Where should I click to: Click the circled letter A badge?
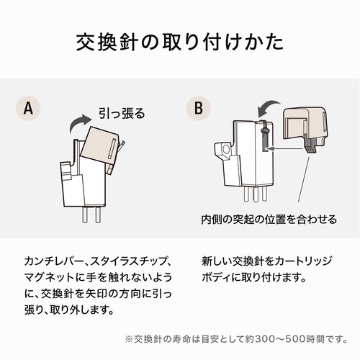click(x=28, y=108)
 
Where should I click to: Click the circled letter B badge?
click(x=199, y=108)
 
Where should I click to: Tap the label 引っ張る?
click(x=122, y=113)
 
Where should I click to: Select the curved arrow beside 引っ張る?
click(x=79, y=122)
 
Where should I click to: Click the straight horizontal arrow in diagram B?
click(x=284, y=149)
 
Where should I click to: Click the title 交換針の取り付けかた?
click(x=180, y=42)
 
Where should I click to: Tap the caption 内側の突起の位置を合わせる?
click(x=269, y=220)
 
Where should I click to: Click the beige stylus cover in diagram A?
click(x=99, y=147)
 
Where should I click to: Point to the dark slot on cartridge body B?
click(x=264, y=138)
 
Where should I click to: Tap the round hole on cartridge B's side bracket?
click(x=225, y=150)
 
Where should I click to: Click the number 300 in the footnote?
click(x=265, y=339)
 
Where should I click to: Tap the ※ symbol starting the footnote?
click(x=129, y=339)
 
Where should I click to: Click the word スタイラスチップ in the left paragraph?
click(x=127, y=261)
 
